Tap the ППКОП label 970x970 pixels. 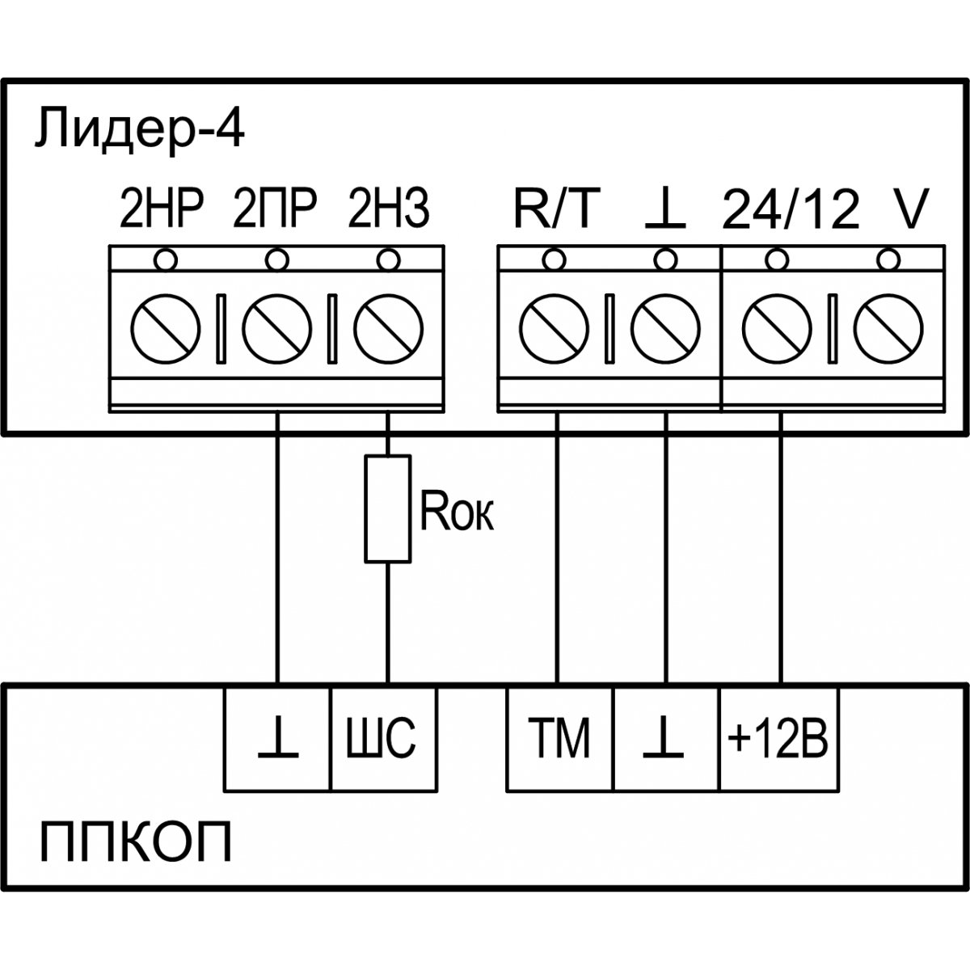(135, 844)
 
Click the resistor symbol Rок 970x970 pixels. (388, 508)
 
